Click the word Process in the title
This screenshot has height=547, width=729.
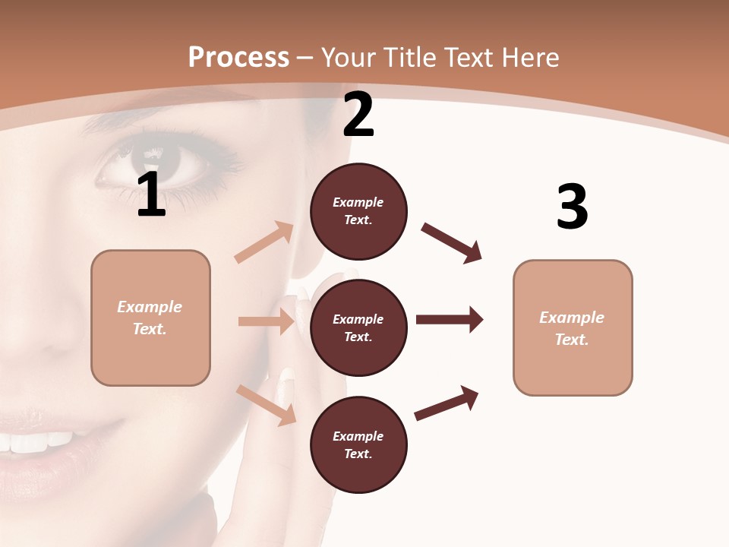tap(238, 57)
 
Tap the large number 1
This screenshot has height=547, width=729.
tap(151, 195)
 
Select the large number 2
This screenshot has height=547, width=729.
tap(358, 115)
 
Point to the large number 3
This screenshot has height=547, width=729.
tap(572, 207)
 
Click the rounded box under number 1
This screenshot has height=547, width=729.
tap(150, 318)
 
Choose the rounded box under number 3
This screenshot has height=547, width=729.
tap(573, 327)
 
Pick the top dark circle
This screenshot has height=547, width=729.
tap(358, 211)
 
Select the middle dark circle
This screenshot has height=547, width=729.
tap(358, 327)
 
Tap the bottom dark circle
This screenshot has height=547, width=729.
tap(358, 444)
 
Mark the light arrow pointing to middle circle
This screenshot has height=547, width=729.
tap(267, 321)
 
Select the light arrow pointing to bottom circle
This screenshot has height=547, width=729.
tap(267, 405)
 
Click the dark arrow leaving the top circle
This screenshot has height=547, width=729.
tap(452, 243)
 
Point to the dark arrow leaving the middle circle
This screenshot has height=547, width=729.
tap(450, 319)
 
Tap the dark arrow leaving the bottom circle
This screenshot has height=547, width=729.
tap(447, 403)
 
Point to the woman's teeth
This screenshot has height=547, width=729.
tap(38, 441)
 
